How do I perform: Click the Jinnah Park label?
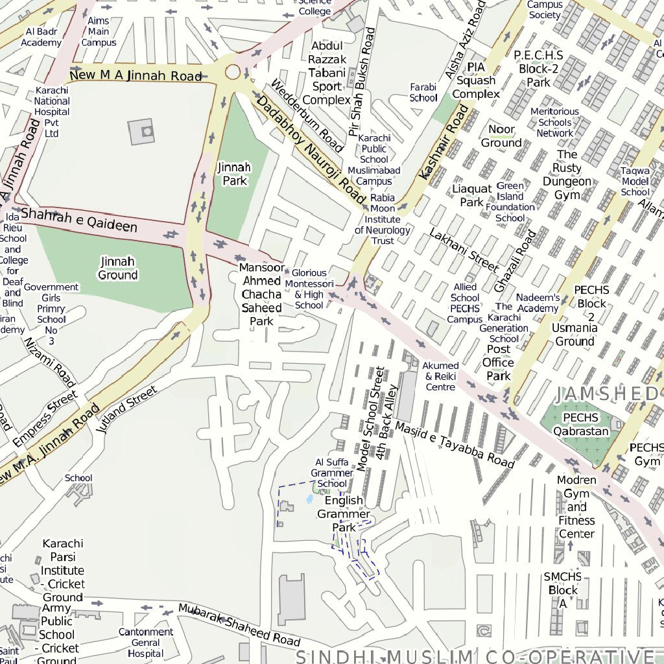point(234,174)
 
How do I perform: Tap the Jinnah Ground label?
point(117,268)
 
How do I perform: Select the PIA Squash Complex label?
point(476,80)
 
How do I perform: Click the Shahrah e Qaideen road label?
point(79,220)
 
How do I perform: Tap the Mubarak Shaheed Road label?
point(239,624)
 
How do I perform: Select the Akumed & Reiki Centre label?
point(440,376)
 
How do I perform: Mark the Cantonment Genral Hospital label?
point(145,642)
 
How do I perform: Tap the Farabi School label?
point(423,92)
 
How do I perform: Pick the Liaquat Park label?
point(472,195)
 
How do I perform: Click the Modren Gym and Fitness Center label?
point(576,507)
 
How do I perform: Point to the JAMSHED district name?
point(607,394)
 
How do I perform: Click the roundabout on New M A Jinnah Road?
point(233,72)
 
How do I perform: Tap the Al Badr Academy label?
point(41,37)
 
